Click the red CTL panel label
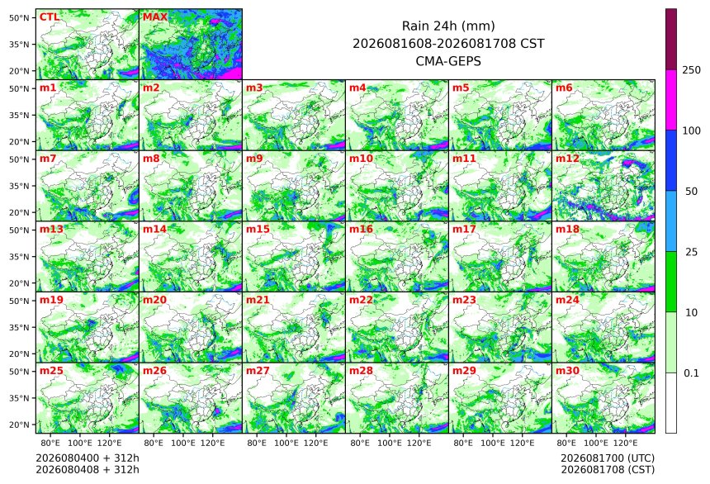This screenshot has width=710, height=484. click(x=50, y=17)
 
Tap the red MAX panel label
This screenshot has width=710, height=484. click(x=155, y=17)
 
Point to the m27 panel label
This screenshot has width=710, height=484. click(x=258, y=371)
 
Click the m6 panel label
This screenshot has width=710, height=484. click(x=564, y=88)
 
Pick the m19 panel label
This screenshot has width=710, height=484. click(x=51, y=300)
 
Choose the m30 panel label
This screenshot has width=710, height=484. click(x=567, y=371)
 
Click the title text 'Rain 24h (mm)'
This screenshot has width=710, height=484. click(x=448, y=26)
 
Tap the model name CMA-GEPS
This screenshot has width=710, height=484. click(x=448, y=61)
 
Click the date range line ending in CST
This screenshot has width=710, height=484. click(x=448, y=44)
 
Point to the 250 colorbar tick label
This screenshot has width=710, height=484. click(x=692, y=69)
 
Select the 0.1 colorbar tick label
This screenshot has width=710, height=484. click(x=691, y=373)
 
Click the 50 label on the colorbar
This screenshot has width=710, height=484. click(x=691, y=192)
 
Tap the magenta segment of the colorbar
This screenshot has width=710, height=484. click(x=671, y=100)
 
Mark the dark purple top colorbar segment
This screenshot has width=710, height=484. click(x=671, y=39)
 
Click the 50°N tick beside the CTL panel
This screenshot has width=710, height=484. click(x=19, y=17)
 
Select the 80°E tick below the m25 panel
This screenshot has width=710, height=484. click(x=50, y=443)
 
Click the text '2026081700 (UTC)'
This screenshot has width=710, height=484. click(x=608, y=458)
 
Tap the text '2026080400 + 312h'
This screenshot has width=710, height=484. click(x=88, y=458)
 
